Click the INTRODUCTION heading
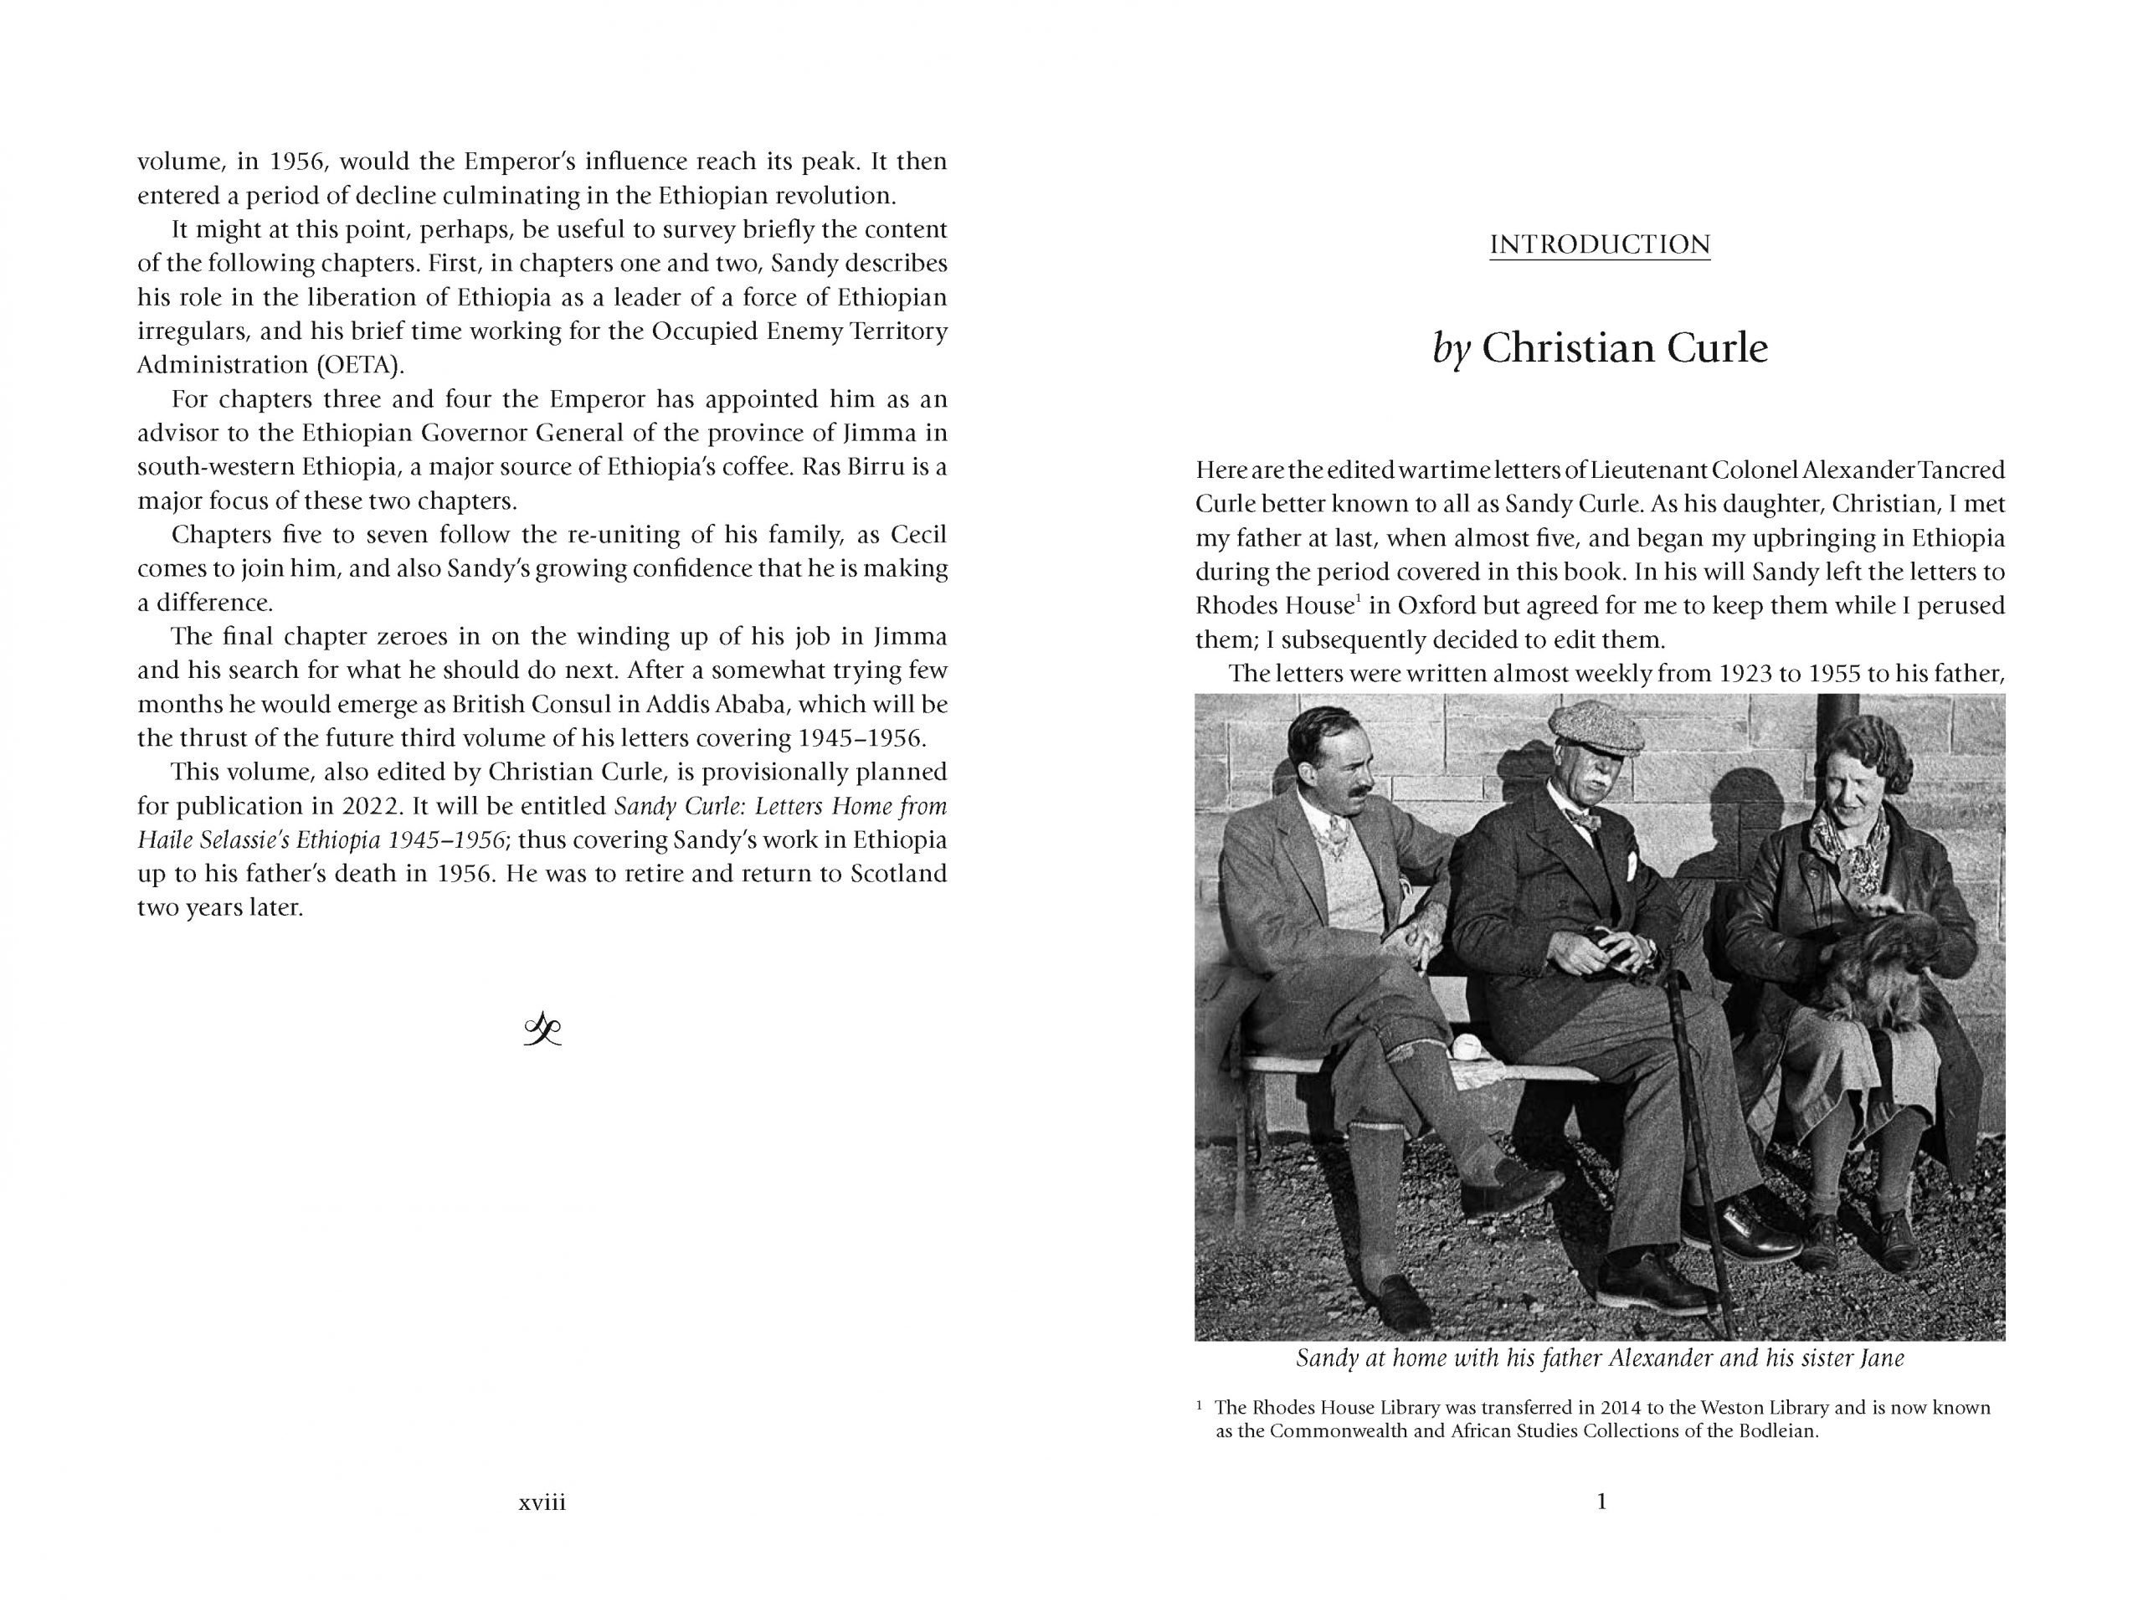1600,244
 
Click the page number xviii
542,1502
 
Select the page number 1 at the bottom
1601,1502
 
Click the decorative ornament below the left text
542,1029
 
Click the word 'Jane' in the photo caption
1883,1358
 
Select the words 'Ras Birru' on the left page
852,467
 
